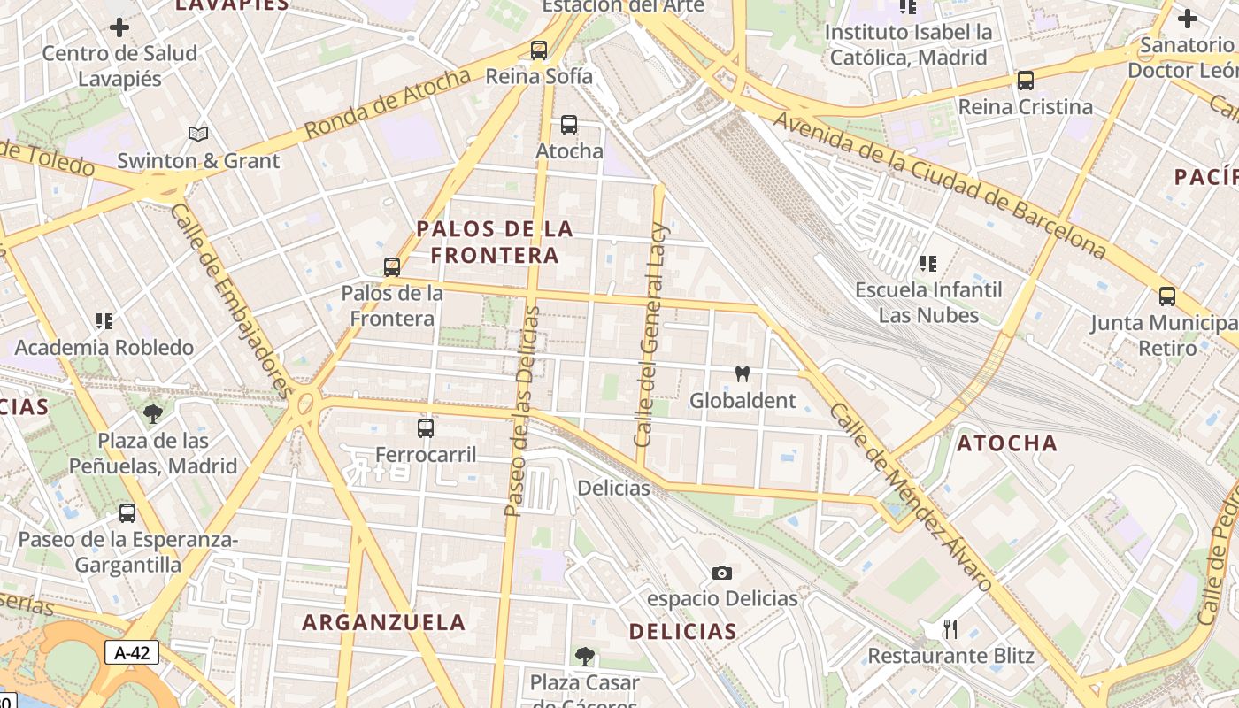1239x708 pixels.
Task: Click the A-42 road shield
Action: (133, 653)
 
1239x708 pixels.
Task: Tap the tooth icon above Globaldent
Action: (743, 374)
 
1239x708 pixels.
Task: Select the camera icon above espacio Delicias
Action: (722, 573)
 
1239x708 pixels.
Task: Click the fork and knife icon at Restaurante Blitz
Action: (950, 629)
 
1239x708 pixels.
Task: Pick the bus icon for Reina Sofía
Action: (538, 50)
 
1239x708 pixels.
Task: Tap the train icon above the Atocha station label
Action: (568, 125)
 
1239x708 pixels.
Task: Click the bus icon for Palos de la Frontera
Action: (391, 266)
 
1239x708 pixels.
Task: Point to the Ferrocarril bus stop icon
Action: (426, 428)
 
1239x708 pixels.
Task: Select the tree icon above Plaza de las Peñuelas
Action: (153, 413)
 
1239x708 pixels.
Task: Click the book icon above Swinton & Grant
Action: (198, 135)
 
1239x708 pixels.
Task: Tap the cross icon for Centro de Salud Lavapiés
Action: (119, 27)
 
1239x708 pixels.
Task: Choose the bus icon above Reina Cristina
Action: (1025, 81)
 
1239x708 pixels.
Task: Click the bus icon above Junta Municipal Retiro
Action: (1167, 296)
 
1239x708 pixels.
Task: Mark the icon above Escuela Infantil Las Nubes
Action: (927, 264)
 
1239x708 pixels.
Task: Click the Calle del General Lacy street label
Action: (651, 335)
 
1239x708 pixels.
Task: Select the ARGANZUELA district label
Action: (384, 622)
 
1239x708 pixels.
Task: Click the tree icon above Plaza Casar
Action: (584, 656)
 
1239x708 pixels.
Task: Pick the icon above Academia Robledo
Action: (104, 321)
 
